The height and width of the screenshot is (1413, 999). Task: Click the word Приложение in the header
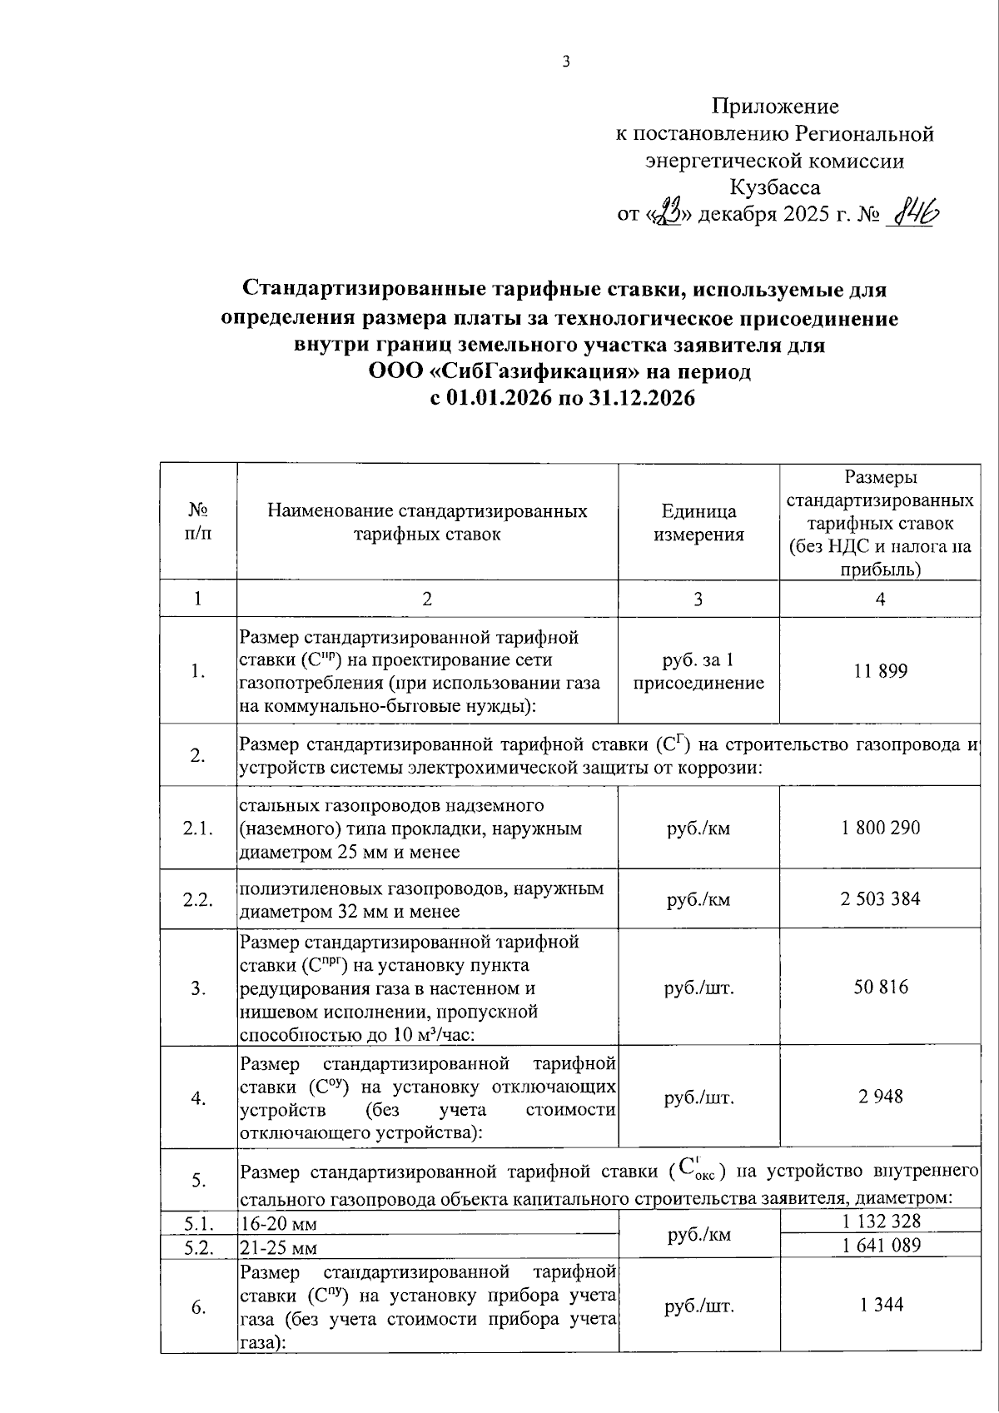(x=775, y=107)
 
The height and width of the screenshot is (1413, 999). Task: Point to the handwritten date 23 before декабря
(x=667, y=214)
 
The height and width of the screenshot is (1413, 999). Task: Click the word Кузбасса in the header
(x=774, y=187)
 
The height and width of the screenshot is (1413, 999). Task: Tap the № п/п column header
(x=198, y=521)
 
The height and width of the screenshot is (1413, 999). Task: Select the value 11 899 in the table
(x=880, y=671)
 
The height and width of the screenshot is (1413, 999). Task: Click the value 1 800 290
(x=880, y=828)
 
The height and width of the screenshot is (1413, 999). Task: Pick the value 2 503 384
(x=880, y=899)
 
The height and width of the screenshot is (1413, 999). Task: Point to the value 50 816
(x=880, y=988)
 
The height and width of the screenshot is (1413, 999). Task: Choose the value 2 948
(x=880, y=1097)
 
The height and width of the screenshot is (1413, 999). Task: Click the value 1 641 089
(x=880, y=1246)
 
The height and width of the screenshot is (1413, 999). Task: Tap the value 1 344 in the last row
(x=880, y=1305)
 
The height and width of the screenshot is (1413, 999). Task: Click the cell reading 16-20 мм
(x=278, y=1224)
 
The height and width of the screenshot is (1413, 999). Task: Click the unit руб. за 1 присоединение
(x=698, y=672)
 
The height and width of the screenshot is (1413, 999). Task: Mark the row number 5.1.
(x=198, y=1223)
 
